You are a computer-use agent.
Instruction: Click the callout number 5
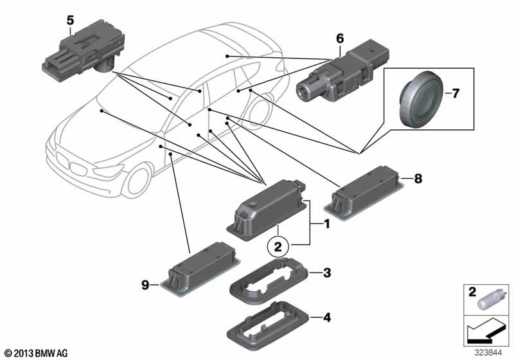[x=70, y=21]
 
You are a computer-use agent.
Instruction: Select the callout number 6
[x=339, y=39]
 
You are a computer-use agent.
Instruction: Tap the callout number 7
[x=456, y=94]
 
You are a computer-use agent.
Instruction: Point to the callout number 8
[x=418, y=179]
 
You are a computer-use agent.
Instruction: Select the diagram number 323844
[x=491, y=352]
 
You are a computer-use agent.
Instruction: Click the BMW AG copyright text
[x=36, y=352]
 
